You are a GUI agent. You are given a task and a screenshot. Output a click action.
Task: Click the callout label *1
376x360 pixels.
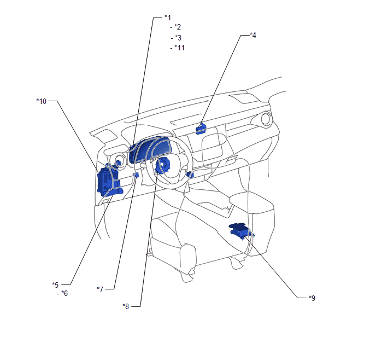(x=167, y=17)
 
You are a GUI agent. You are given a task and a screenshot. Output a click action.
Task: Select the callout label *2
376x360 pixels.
(x=177, y=27)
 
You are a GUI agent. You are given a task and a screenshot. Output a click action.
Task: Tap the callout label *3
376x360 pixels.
(x=177, y=38)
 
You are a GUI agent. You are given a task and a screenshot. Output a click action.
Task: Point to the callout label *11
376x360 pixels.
(x=179, y=48)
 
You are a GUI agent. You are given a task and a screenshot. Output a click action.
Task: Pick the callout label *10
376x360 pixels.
(x=42, y=101)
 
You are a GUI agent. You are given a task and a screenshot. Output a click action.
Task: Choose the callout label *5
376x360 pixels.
(x=55, y=284)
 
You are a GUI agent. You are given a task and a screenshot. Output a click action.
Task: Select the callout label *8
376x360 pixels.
(x=126, y=306)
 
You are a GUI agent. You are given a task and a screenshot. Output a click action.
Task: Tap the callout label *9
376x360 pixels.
(x=312, y=298)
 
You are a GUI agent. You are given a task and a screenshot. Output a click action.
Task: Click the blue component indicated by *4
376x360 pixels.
(x=201, y=129)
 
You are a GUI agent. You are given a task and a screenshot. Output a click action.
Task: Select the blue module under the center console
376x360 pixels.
(x=240, y=232)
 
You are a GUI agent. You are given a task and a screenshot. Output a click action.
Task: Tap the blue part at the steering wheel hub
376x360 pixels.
(x=163, y=165)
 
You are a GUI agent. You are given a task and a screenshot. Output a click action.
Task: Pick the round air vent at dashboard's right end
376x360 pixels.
(x=267, y=119)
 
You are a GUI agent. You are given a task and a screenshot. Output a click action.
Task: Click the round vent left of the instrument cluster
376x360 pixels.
(x=117, y=162)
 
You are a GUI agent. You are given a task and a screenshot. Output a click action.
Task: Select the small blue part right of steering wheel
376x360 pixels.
(x=190, y=175)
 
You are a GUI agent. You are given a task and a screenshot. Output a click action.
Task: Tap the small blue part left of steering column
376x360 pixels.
(x=135, y=176)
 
